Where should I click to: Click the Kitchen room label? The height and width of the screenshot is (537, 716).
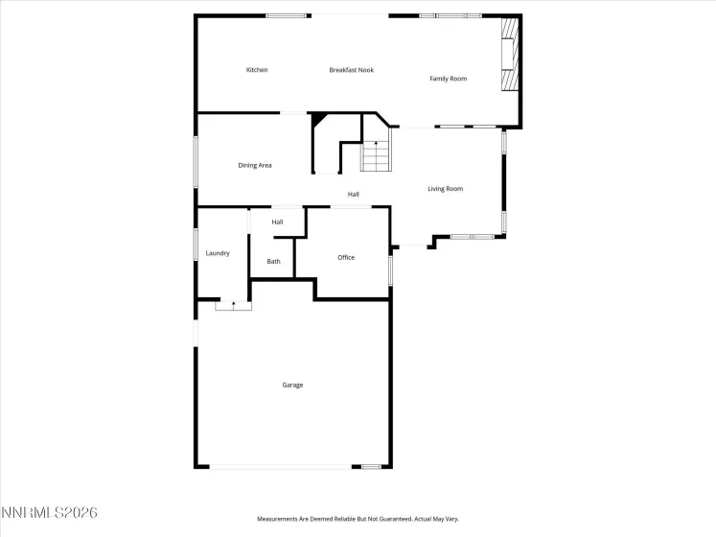point(257,70)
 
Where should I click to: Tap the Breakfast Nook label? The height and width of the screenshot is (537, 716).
point(352,70)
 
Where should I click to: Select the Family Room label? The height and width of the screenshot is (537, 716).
point(448,79)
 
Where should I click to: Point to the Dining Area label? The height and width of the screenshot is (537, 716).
point(255,166)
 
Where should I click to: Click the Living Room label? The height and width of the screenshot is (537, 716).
point(445,189)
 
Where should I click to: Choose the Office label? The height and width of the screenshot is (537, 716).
point(346,258)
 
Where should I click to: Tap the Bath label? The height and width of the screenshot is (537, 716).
point(274,262)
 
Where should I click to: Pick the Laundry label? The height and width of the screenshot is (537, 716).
point(218,253)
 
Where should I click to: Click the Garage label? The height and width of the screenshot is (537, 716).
point(292,385)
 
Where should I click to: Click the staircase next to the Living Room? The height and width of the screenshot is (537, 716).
point(376,155)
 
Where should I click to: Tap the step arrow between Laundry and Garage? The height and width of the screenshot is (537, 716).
point(233,305)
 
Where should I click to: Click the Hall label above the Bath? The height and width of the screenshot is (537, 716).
point(277,222)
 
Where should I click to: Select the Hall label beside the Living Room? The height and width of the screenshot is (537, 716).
point(354,195)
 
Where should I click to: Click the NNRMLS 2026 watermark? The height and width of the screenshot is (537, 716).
point(50,514)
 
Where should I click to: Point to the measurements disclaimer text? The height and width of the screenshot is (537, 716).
point(358,519)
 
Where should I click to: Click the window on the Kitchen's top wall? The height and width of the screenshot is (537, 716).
point(287,15)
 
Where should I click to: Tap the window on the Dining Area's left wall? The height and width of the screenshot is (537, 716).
point(196,160)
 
